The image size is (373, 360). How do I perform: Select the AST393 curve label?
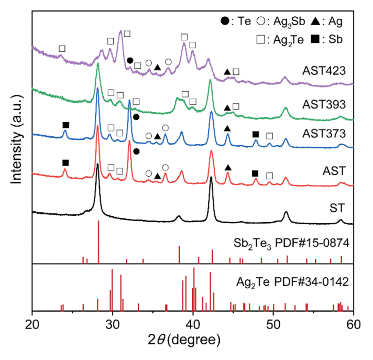[321, 104]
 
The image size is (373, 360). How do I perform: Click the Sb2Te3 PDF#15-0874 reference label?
[291, 244]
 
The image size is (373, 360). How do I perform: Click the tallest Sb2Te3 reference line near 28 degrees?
[98, 241]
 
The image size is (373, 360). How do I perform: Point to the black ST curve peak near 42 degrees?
[211, 178]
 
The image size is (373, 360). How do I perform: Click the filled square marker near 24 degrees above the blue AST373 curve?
[65, 125]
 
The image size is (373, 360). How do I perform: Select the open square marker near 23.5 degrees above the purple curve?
[62, 49]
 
